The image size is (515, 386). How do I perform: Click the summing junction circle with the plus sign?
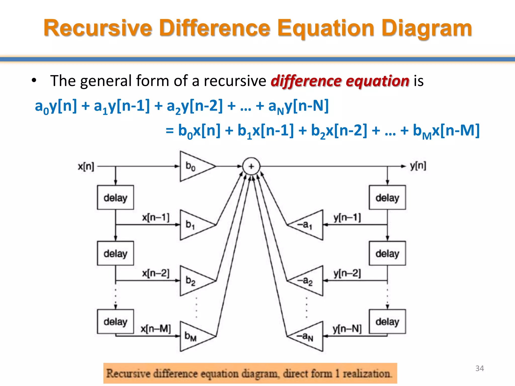[251, 166]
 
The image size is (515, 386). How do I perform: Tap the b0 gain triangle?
[194, 166]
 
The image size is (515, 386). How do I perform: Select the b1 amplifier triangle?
[194, 225]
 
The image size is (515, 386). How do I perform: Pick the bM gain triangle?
[194, 336]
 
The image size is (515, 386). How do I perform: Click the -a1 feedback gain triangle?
[309, 225]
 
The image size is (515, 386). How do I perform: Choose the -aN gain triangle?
[309, 336]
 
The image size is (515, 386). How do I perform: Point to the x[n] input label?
[86, 166]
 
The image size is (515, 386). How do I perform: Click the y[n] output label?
[418, 166]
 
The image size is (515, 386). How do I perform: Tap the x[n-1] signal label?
[156, 217]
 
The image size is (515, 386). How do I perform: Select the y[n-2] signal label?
[347, 273]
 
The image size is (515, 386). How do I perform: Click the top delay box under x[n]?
[115, 198]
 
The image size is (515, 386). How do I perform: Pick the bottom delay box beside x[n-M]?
[115, 322]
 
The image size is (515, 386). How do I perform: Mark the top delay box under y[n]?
[387, 198]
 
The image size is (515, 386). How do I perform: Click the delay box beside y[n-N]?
[387, 322]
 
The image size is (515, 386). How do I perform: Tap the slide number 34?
[480, 368]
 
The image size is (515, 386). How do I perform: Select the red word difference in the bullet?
[306, 81]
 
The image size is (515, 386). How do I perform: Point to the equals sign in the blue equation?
[170, 131]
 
